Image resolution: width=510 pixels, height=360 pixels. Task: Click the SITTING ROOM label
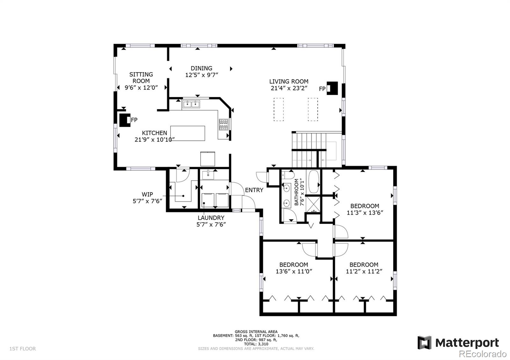click(x=141, y=78)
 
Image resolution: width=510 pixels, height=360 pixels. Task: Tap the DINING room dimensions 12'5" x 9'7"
click(x=201, y=75)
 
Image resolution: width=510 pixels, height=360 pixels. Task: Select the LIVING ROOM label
click(x=289, y=81)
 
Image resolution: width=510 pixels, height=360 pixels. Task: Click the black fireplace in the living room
click(x=332, y=88)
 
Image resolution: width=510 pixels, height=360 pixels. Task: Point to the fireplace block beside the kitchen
click(x=125, y=120)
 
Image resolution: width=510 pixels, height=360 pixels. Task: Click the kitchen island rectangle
click(x=188, y=133)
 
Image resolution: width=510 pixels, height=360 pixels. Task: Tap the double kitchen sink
click(x=191, y=104)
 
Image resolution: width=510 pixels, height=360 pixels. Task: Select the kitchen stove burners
click(x=223, y=125)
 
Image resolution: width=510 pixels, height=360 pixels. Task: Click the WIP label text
click(x=147, y=194)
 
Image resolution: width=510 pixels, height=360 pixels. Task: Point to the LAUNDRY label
click(x=211, y=218)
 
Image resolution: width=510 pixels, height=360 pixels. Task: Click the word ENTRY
click(x=254, y=190)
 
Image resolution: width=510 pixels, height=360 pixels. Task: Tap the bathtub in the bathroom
click(x=314, y=182)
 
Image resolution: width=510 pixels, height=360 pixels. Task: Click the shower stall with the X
click(x=313, y=205)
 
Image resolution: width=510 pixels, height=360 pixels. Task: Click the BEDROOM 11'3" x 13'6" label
click(x=365, y=209)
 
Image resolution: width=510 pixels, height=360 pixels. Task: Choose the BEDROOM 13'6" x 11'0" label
click(x=294, y=268)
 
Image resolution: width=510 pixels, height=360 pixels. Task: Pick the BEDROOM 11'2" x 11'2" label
click(x=364, y=268)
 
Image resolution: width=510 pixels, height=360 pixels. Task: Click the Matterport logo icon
click(x=424, y=342)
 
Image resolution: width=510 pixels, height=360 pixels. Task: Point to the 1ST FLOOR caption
click(x=23, y=349)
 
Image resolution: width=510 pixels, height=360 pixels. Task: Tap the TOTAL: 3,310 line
click(x=256, y=344)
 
